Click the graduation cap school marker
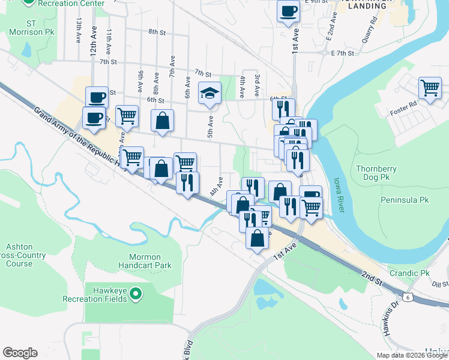(210, 94)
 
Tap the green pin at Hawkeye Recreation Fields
(136, 294)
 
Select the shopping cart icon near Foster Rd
(430, 88)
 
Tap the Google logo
(20, 353)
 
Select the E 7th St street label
(343, 53)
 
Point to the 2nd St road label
(372, 277)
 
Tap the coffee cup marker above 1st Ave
(288, 11)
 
